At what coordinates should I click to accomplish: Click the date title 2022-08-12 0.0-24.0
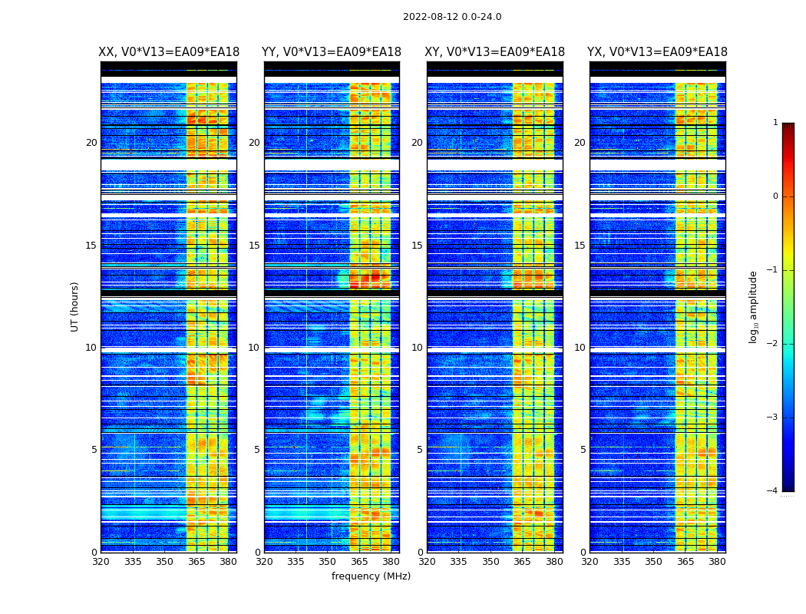point(452,17)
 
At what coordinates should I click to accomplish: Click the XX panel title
point(169,52)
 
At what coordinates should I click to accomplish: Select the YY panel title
point(332,52)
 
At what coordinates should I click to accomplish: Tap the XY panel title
point(495,52)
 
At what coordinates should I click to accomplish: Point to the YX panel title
point(657,52)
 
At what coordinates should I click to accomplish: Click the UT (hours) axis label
point(75,306)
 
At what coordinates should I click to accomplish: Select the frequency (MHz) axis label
point(371,576)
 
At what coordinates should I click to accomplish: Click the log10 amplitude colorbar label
point(754,306)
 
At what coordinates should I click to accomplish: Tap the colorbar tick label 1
point(775,123)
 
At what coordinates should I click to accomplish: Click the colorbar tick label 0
point(775,196)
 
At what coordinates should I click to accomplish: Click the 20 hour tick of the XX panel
point(91,143)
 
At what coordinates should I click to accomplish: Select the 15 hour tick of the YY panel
point(254,246)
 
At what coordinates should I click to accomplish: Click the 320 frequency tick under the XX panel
point(101,562)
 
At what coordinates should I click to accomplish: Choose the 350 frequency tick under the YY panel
point(328,562)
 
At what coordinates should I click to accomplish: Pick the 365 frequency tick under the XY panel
point(522,562)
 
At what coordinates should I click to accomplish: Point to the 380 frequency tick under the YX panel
point(717,562)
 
